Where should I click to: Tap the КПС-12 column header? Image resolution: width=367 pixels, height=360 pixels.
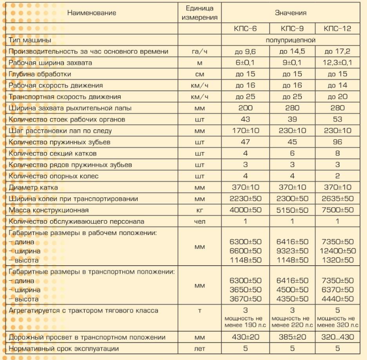[x=337, y=29]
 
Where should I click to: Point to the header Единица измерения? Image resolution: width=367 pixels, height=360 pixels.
[x=199, y=13]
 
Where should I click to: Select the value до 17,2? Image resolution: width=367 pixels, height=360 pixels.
[x=337, y=52]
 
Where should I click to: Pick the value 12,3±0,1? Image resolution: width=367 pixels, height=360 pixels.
[x=337, y=63]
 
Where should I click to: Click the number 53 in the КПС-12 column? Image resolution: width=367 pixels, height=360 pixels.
[x=337, y=120]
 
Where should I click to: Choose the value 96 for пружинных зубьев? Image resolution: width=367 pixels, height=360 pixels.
[x=337, y=142]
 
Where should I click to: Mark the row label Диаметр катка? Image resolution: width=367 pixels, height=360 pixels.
[x=34, y=187]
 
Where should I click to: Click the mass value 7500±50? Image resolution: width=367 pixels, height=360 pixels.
[x=337, y=210]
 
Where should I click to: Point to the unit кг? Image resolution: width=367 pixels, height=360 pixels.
[x=199, y=210]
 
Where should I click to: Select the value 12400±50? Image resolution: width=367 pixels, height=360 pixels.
[x=337, y=251]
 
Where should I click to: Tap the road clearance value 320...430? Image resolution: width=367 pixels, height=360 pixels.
[x=337, y=337]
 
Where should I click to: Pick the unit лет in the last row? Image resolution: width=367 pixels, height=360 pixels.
[x=199, y=349]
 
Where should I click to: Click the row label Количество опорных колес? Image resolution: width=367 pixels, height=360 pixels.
[x=54, y=176]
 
